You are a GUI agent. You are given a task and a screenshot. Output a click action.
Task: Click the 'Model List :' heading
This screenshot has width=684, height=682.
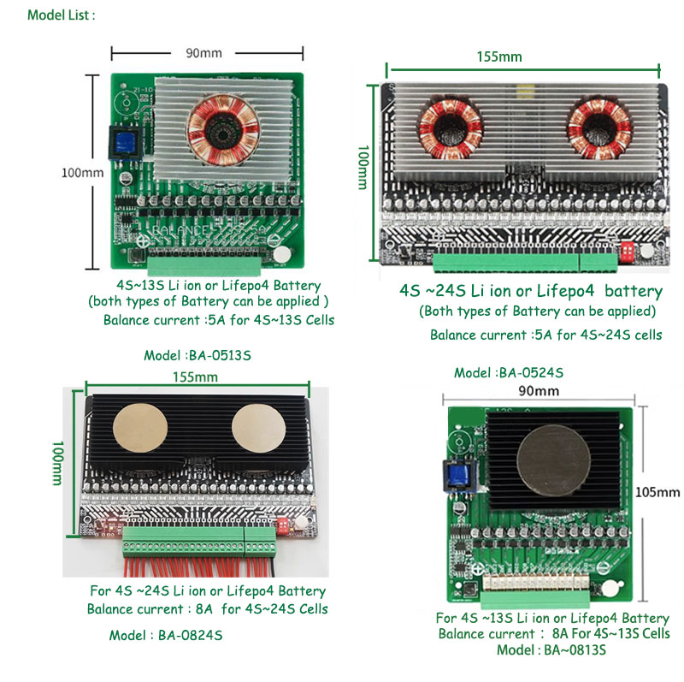(x=61, y=15)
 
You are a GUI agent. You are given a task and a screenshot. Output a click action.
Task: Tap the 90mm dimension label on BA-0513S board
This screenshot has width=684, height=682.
(x=203, y=53)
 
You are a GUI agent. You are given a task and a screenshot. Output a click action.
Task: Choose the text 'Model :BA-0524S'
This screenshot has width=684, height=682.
(x=509, y=373)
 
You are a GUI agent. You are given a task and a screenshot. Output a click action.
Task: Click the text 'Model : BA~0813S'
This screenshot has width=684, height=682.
(x=551, y=649)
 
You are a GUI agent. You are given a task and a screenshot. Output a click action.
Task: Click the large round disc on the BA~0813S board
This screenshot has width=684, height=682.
(x=548, y=457)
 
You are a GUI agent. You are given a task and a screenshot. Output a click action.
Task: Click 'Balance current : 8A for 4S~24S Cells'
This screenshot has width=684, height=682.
(x=207, y=609)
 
